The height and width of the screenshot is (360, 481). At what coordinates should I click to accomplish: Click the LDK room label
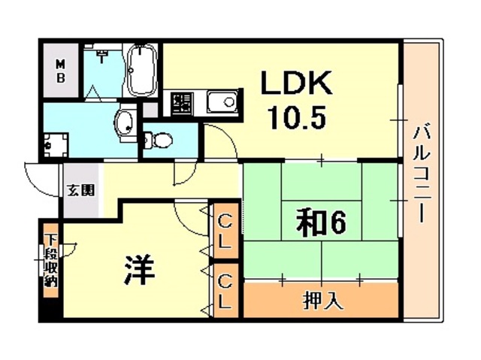coord(296,83)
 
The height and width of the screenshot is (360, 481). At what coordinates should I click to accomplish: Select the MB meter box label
coord(61,71)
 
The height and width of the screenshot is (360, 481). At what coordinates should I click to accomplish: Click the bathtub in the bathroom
coord(141,70)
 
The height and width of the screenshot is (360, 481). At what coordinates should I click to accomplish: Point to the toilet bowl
coord(159,140)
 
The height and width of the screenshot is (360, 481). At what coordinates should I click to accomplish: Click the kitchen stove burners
coord(182,103)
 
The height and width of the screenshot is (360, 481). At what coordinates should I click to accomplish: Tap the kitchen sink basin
coord(222,101)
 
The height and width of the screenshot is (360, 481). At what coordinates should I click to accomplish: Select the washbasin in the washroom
coord(126,123)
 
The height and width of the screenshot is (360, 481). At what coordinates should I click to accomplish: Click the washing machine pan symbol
coord(55,144)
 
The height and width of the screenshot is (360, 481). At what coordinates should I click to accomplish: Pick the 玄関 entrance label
coord(81,191)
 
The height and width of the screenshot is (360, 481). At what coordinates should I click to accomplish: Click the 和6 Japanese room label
coord(321,223)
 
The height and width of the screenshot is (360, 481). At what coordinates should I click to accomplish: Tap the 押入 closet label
coord(322,301)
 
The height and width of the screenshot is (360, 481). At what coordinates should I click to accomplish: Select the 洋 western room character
coord(140,269)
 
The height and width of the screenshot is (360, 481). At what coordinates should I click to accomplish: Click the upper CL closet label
coord(225,231)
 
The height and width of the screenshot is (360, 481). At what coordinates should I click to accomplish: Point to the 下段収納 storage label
coord(51,261)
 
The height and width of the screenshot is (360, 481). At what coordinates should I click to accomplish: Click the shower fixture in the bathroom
coord(101,55)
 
